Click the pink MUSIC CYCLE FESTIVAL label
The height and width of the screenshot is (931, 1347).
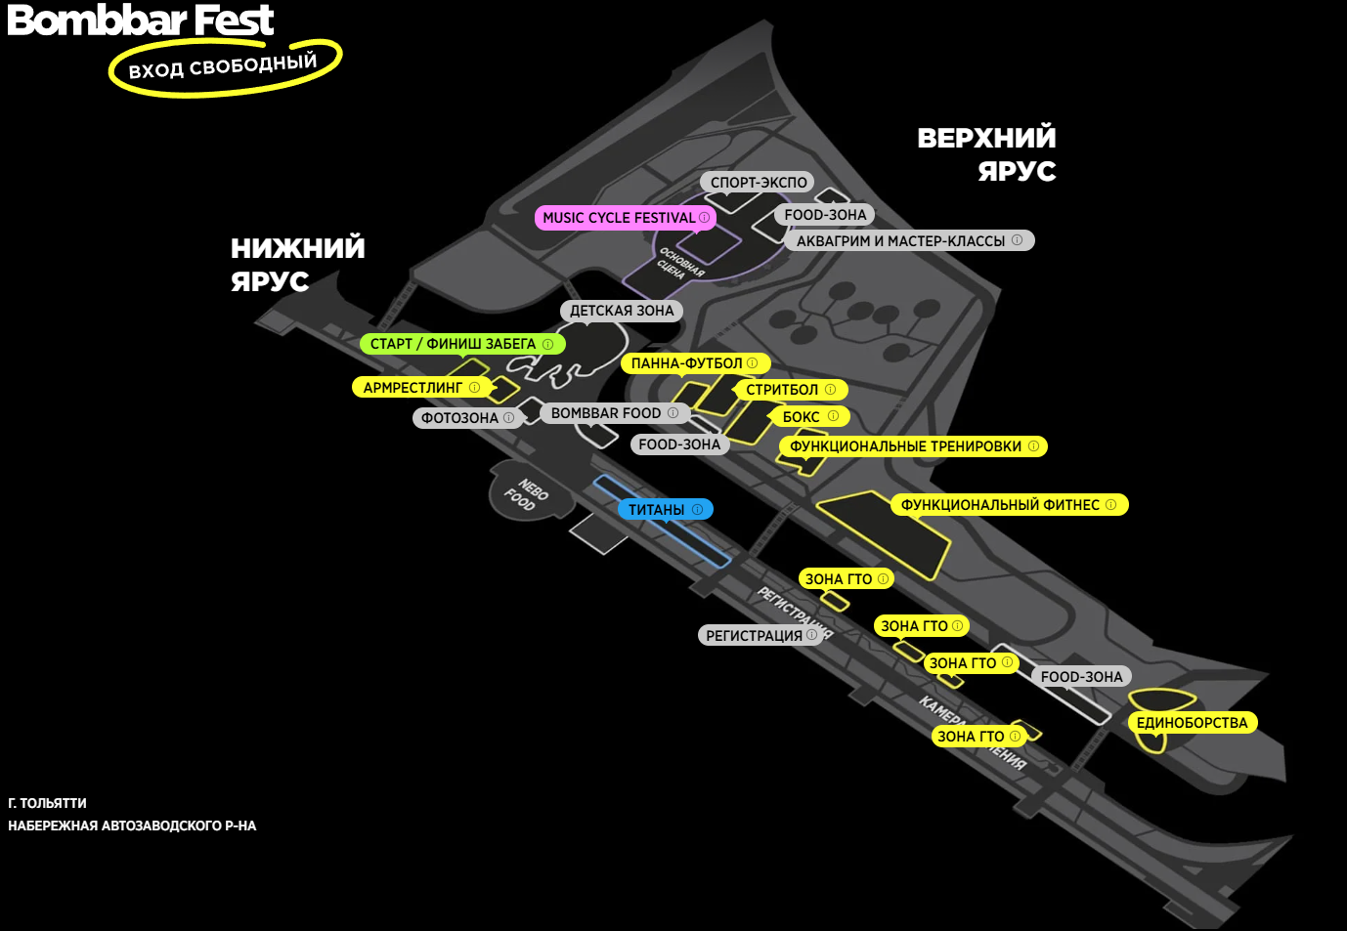point(624,218)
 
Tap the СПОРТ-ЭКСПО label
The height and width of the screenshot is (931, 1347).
point(759,183)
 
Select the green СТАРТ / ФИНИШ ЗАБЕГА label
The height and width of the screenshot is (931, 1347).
point(461,344)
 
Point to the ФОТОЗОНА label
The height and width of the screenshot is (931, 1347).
point(466,418)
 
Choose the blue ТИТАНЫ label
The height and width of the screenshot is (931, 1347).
point(665,510)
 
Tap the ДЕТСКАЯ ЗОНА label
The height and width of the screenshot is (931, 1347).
point(622,311)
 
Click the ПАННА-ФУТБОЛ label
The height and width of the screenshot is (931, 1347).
point(694,363)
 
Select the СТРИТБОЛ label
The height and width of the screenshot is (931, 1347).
point(790,390)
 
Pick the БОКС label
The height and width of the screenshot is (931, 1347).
point(809,417)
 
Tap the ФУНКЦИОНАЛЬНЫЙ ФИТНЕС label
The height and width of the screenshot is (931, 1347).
point(1008,505)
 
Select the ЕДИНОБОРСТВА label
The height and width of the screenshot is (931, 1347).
point(1192,723)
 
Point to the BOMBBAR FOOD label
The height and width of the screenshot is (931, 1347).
point(614,413)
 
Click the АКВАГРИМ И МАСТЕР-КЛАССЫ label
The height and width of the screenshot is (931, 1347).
point(908,240)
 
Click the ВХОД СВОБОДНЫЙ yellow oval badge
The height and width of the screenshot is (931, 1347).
point(224,67)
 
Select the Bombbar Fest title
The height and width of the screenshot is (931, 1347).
point(141,20)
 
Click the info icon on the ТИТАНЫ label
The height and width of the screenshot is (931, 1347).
point(697,510)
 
